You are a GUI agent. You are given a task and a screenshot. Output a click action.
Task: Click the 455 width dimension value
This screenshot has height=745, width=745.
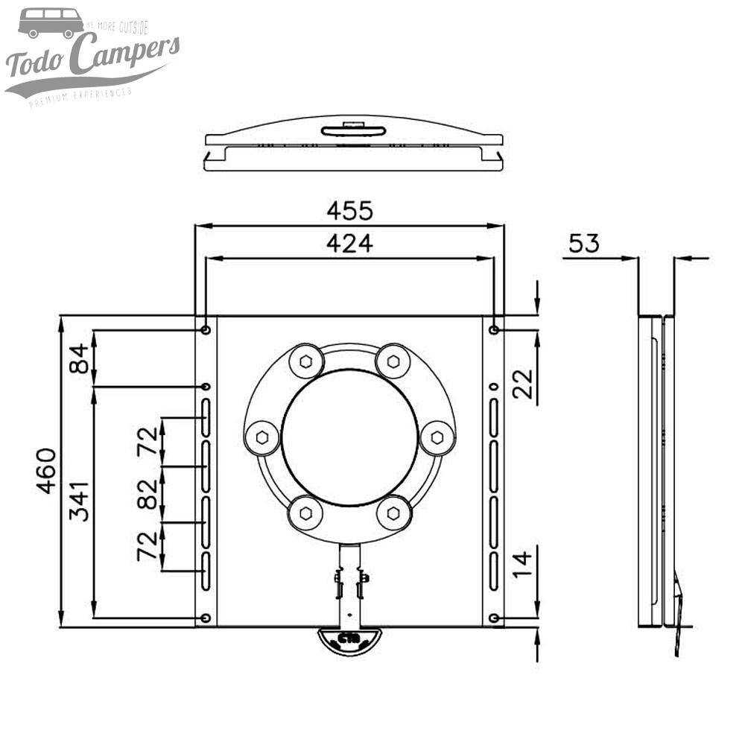349,211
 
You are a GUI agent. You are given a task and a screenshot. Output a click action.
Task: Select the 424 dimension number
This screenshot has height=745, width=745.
349,244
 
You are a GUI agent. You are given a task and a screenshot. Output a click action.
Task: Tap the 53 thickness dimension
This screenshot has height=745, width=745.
583,244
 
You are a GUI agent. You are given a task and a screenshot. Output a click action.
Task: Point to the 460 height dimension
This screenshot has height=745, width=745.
46,471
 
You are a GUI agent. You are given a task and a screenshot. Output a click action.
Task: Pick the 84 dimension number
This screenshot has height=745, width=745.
80,358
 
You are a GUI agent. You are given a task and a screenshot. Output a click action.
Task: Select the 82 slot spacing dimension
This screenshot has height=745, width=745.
149,494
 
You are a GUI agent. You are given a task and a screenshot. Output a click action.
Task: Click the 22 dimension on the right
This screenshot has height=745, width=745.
524,384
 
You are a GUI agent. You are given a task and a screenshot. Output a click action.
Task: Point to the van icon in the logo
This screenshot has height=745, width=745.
51,22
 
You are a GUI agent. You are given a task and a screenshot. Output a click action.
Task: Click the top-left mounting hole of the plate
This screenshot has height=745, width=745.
206,330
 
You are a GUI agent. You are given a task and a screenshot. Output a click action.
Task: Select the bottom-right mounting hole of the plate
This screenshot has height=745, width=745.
494,618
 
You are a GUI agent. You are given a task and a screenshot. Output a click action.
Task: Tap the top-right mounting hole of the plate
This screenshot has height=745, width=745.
494,330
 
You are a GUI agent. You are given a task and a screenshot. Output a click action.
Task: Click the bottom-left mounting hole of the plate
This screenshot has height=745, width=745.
206,618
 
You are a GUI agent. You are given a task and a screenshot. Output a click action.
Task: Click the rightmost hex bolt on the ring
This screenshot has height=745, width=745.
437,437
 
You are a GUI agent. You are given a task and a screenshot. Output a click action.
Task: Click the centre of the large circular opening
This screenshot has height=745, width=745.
349,436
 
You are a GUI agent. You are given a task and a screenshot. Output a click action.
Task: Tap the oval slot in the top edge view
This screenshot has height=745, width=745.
354,131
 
